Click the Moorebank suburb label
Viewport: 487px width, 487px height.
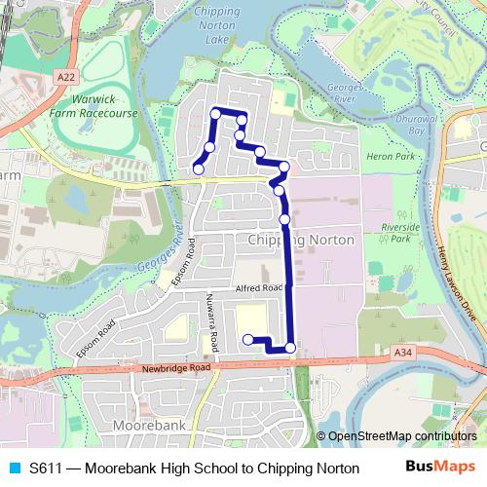click(x=149, y=428)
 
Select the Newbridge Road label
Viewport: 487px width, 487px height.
click(x=175, y=368)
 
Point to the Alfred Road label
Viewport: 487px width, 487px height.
click(x=258, y=288)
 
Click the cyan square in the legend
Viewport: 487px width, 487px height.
click(x=13, y=468)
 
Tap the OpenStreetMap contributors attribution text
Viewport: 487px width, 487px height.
click(x=400, y=437)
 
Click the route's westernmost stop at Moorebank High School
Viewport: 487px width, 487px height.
click(x=247, y=339)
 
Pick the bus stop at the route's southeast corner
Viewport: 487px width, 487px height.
click(x=289, y=348)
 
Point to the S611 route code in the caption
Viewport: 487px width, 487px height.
click(x=46, y=468)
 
